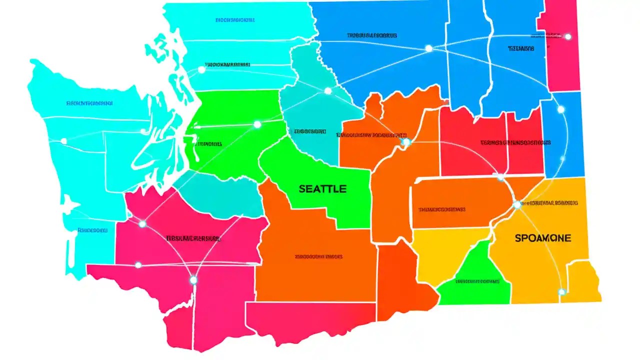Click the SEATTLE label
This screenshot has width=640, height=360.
tap(322, 189)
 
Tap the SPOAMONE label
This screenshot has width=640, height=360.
tap(542, 238)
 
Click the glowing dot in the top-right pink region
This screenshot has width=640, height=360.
tap(567, 36)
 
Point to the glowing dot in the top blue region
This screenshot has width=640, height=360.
tap(428, 48)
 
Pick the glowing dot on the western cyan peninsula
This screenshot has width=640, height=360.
tap(63, 141)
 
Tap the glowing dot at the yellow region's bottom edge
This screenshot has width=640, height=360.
tap(561, 291)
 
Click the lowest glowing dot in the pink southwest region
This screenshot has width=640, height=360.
tap(193, 280)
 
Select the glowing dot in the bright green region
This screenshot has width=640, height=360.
tap(257, 124)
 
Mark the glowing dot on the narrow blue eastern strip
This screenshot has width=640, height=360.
tap(560, 109)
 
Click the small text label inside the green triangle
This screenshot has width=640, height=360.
tap(477, 281)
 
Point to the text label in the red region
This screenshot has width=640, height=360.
tap(515, 142)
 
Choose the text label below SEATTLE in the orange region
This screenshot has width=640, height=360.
tap(318, 256)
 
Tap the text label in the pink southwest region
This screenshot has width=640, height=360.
tap(193, 238)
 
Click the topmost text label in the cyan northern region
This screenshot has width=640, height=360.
tap(235, 20)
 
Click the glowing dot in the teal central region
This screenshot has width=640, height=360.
tap(327, 91)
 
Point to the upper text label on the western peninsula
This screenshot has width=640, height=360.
tap(89, 103)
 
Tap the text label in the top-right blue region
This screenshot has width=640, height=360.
tap(520, 49)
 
